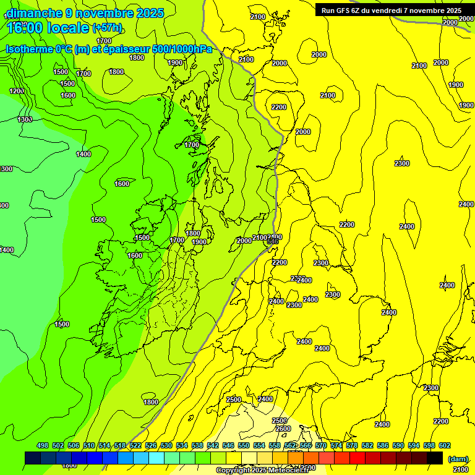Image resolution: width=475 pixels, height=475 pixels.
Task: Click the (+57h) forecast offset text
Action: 108,27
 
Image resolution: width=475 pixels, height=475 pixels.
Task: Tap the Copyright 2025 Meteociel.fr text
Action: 262,471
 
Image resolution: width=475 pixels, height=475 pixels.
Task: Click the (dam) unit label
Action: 458,458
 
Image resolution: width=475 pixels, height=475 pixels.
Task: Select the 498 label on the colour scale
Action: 43,445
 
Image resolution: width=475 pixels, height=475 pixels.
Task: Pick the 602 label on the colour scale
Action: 445,445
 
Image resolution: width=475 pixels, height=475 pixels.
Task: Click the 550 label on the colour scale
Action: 244,445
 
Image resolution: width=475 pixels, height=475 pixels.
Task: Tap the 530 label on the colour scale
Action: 166,445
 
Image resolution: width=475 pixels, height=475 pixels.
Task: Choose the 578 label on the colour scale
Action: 352,445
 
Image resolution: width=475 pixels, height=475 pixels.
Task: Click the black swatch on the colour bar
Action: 435,458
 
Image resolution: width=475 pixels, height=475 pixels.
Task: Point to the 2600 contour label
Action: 283,429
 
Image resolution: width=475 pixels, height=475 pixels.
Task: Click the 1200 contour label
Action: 17,91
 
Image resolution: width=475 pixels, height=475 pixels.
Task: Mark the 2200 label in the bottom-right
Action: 440,421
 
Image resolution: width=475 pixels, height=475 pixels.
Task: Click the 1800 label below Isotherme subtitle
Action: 137,58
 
